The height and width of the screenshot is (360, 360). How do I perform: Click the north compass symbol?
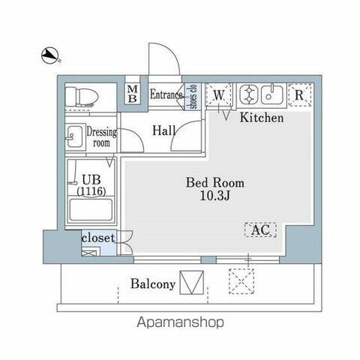pos(50,56)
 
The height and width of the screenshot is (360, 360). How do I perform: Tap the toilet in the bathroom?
pos(82,97)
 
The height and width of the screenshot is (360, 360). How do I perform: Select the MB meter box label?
pos(133,94)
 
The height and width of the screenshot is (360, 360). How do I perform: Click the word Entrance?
pos(166,94)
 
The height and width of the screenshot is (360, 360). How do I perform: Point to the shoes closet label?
pos(193,97)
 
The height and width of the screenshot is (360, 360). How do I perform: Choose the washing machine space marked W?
pos(219,95)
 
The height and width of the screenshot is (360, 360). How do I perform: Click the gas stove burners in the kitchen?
pos(248,94)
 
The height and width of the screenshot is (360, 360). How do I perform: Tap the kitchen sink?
pos(272,94)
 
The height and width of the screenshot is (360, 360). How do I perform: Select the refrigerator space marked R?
pos(299,94)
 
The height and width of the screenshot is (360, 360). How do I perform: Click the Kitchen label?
pos(262,118)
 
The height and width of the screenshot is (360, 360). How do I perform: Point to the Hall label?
pos(164,130)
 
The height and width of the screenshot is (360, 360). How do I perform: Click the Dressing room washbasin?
pos(74,136)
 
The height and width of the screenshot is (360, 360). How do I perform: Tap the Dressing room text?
pos(101,137)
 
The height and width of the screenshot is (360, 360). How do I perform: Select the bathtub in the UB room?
pos(91,209)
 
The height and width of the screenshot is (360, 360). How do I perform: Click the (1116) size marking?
pos(91,191)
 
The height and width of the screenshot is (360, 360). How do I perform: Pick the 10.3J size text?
pos(215,196)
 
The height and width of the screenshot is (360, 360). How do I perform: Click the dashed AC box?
pos(260,229)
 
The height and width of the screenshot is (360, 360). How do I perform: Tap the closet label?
pos(98,238)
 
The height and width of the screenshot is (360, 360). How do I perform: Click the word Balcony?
pos(153,284)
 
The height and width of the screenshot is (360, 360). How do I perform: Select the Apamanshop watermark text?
pos(180,322)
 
